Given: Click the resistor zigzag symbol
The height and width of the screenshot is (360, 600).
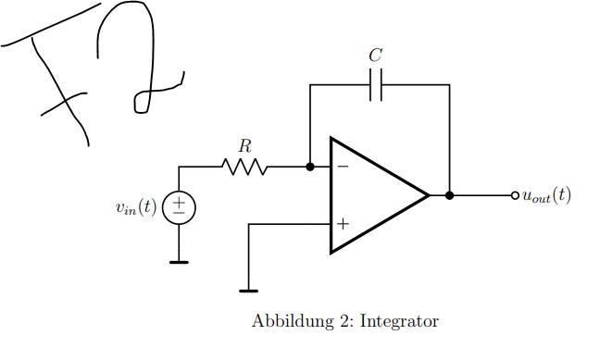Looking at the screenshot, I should tap(244, 167).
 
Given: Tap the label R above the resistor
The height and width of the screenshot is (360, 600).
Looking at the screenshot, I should tap(244, 146).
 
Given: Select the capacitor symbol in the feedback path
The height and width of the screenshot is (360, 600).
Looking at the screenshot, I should tap(375, 85).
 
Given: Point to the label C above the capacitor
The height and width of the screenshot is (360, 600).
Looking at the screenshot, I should tap(375, 56).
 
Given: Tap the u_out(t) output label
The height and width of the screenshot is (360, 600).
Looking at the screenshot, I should tap(546, 195).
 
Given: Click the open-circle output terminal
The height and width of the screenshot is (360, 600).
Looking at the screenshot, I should tap(515, 195).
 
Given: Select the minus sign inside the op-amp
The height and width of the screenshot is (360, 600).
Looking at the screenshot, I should tap(343, 167).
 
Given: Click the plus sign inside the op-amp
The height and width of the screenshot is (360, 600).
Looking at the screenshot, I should tap(343, 223).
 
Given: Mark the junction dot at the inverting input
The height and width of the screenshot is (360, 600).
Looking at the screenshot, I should tap(310, 167).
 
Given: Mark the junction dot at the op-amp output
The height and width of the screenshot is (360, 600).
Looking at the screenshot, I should tap(449, 195).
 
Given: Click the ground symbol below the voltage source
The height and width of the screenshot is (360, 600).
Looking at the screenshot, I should tap(179, 262).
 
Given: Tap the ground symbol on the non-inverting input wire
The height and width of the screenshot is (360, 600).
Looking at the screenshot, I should tap(248, 291).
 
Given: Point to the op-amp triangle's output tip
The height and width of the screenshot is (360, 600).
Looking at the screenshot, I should tap(428, 195).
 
